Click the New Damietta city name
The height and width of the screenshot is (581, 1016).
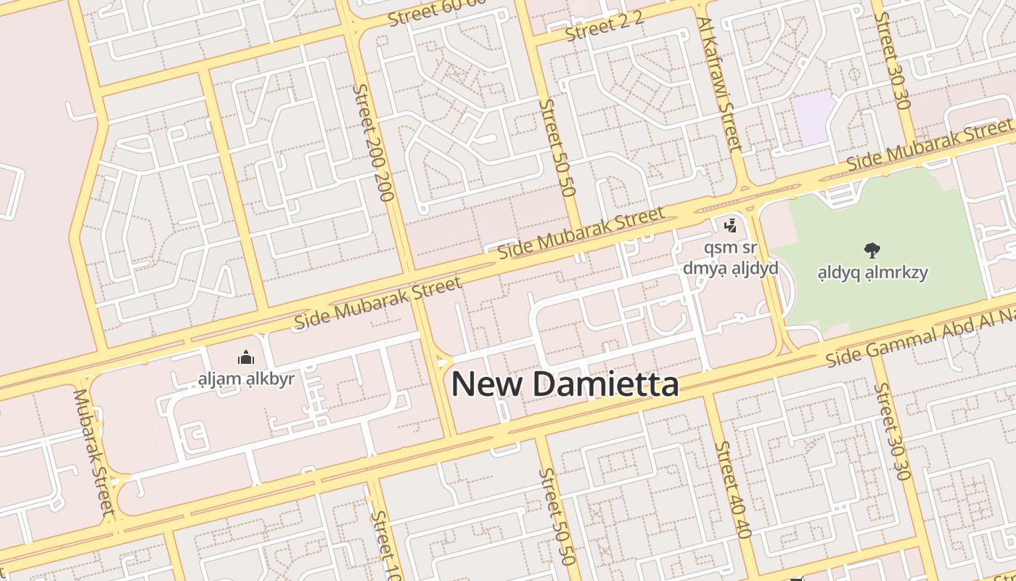(565, 384)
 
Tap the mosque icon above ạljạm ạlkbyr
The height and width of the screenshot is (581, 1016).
(246, 357)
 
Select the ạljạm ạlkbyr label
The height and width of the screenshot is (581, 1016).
(246, 378)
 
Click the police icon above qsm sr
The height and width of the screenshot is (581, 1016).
(730, 226)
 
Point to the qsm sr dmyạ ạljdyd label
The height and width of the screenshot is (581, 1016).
(730, 258)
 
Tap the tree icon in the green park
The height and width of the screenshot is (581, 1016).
(872, 251)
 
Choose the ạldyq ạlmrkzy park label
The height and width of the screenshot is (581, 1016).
(872, 273)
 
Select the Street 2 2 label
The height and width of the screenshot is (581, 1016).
(604, 28)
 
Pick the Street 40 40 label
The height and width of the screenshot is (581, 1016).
(732, 489)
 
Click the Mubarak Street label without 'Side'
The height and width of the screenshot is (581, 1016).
(94, 452)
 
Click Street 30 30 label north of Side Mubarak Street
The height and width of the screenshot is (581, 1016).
(892, 58)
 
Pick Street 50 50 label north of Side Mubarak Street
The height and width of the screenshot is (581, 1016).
(557, 147)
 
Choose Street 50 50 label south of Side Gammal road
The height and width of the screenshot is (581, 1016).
(556, 516)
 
